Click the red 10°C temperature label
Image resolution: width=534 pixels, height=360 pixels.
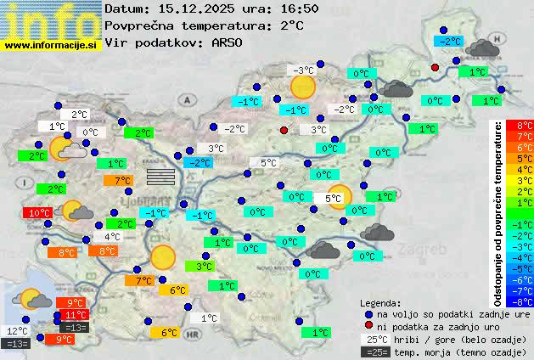click(37, 213)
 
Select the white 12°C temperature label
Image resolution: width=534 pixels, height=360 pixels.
click(18, 331)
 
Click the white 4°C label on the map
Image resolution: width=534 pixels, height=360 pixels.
click(111, 237)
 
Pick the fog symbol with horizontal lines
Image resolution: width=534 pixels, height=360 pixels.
click(160, 176)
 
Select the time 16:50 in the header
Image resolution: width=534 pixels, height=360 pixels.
click(300, 8)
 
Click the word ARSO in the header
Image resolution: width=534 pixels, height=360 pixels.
click(229, 42)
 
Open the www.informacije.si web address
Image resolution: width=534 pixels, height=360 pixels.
click(50, 44)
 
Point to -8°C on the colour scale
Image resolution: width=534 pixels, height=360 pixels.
click(519, 301)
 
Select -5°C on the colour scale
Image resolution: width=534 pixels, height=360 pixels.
click(519, 268)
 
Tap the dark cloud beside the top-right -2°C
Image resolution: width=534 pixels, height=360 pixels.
click(482, 48)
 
